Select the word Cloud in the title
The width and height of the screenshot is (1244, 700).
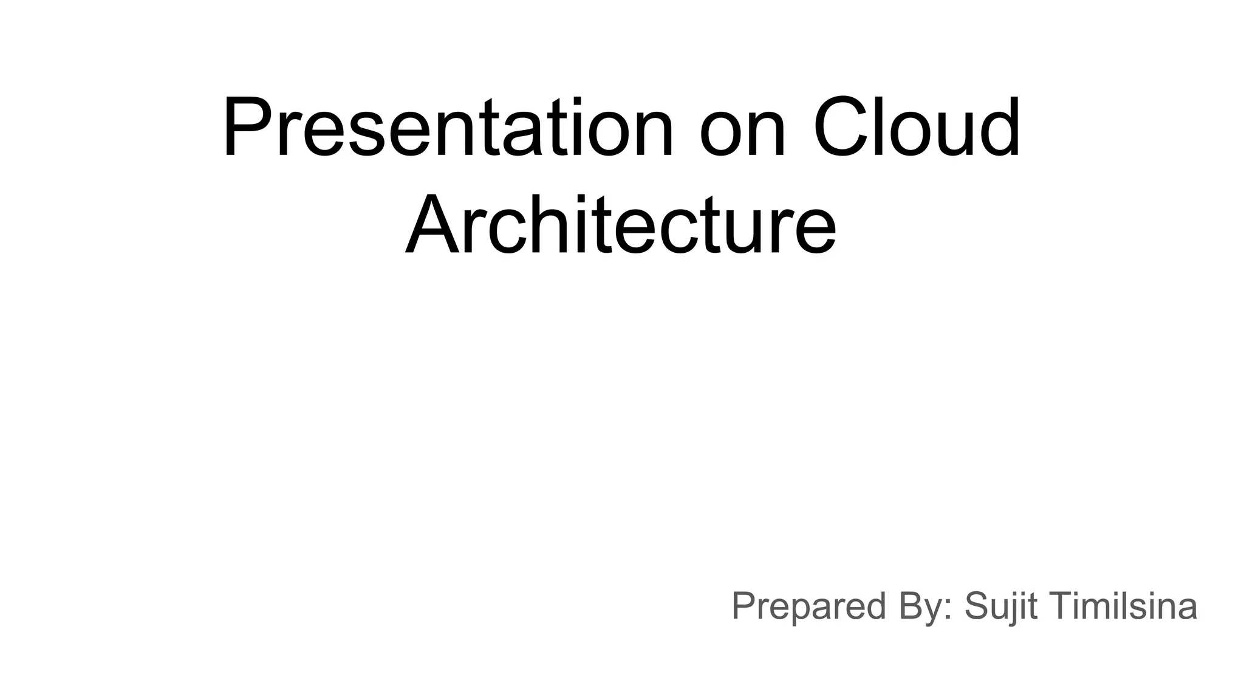[x=917, y=128]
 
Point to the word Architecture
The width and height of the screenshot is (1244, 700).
[x=621, y=224]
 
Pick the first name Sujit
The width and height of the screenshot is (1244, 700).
[x=1001, y=606]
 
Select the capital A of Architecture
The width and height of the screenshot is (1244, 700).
[x=432, y=224]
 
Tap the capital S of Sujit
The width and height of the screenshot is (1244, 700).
[x=977, y=606]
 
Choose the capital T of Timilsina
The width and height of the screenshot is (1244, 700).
[x=1061, y=606]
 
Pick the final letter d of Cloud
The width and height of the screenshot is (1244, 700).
[x=996, y=128]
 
